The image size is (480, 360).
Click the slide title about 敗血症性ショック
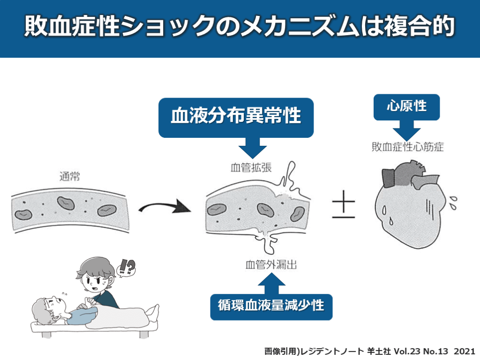click(240, 27)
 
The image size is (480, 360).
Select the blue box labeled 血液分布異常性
click(235, 115)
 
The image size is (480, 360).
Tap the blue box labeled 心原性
click(406, 106)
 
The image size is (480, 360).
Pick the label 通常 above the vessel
click(70, 177)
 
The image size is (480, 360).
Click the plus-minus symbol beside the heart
click(344, 206)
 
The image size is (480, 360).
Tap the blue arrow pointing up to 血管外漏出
click(271, 282)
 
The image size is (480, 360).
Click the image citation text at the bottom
click(369, 351)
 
